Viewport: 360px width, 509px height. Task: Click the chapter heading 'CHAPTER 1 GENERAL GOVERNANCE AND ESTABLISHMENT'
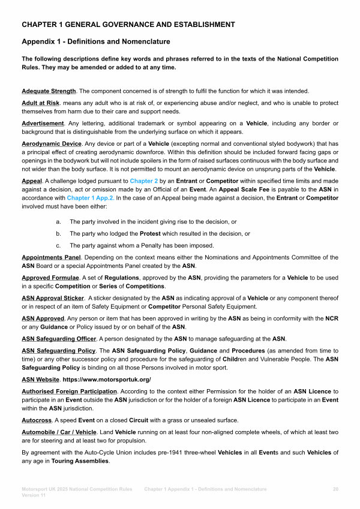pos(128,25)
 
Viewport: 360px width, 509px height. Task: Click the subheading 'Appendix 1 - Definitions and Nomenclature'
pos(95,42)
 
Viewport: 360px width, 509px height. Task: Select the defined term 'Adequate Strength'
pos(49,91)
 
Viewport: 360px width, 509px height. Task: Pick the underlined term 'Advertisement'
pos(43,124)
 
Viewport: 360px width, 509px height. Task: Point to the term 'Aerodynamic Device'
pos(51,144)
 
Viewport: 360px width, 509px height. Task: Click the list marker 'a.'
pos(58,223)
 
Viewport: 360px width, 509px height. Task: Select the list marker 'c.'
pos(58,245)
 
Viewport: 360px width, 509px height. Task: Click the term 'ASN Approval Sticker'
pos(53,299)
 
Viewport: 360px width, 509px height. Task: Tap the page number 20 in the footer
pos(335,489)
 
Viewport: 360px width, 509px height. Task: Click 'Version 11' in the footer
pos(34,496)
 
